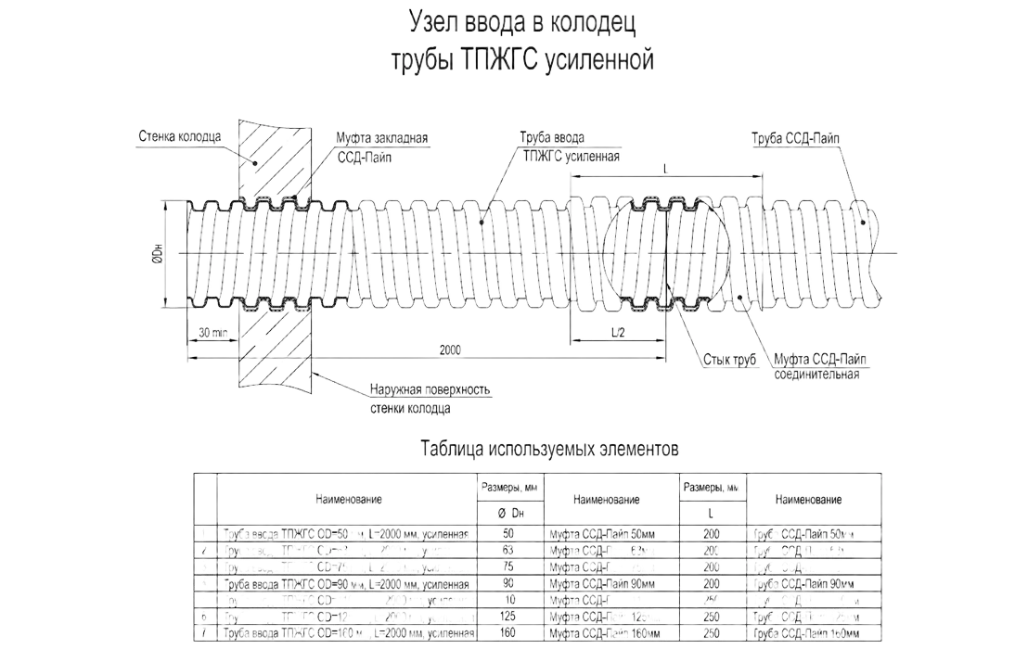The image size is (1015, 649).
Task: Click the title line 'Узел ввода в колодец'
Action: (x=522, y=21)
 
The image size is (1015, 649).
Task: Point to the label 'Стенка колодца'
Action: (x=179, y=135)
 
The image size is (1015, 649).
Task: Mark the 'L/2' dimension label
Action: (x=616, y=331)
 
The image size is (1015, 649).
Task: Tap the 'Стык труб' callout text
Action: (x=725, y=358)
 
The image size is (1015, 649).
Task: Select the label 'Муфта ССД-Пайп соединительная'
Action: (x=818, y=367)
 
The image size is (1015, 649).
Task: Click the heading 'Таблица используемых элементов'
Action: (x=551, y=450)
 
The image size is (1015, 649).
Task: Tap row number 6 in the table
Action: (x=203, y=617)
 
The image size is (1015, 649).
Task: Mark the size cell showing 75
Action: (x=507, y=566)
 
